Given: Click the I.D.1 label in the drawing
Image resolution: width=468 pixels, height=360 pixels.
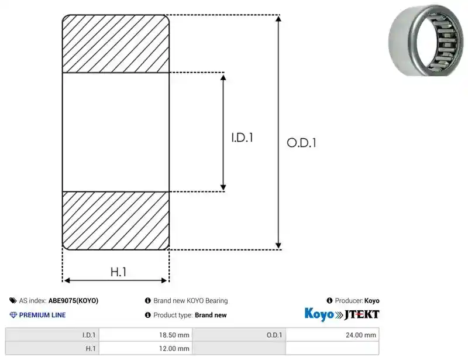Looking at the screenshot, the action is [242, 138].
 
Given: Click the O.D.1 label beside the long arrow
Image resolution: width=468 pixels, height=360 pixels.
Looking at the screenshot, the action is [301, 143].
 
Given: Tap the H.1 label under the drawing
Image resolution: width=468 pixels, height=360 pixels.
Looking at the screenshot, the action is [119, 272].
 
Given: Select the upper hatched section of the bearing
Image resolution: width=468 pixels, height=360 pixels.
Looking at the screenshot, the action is [116, 44].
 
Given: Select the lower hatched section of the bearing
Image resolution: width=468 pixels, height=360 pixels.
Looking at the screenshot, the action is [116, 221].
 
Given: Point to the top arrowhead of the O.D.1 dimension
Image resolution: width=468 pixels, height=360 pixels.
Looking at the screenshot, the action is [278, 19].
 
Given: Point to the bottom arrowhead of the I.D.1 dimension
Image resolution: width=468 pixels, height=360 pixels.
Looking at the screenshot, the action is [223, 187].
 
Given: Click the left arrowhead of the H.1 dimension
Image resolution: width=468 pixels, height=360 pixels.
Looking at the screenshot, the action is [67, 280].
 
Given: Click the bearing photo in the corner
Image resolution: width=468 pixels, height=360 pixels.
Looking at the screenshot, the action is [427, 40].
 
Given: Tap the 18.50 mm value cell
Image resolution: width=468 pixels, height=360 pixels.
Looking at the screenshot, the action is [146, 335].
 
